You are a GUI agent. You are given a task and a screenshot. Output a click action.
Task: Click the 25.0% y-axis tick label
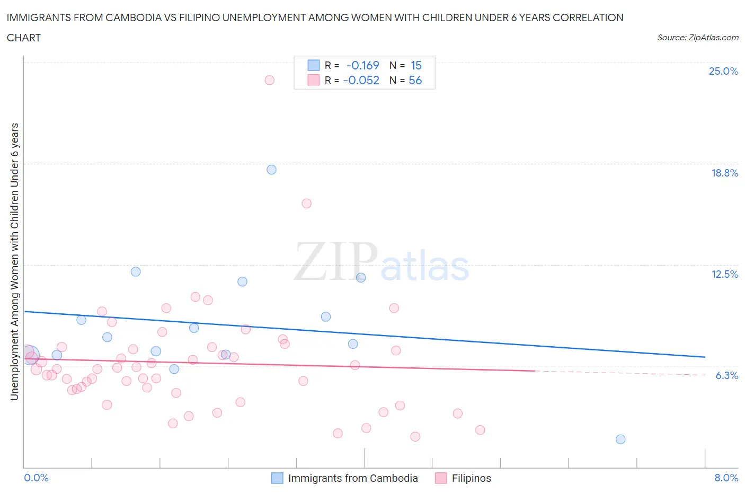pyautogui.click(x=723, y=71)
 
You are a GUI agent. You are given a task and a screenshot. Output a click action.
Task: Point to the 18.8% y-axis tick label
pyautogui.click(x=724, y=173)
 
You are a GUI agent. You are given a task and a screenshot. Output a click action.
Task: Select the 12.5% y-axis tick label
pyautogui.click(x=724, y=274)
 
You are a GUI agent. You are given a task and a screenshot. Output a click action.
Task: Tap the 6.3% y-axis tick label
pyautogui.click(x=726, y=375)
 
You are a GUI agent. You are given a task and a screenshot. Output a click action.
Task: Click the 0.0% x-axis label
pyautogui.click(x=36, y=478)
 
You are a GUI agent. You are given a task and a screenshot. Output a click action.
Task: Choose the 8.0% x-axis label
pyautogui.click(x=726, y=478)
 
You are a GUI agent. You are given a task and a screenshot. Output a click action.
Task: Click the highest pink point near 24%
pyautogui.click(x=269, y=80)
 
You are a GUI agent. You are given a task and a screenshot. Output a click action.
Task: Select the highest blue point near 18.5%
pyautogui.click(x=271, y=170)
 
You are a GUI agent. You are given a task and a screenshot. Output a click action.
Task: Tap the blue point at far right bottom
pyautogui.click(x=620, y=439)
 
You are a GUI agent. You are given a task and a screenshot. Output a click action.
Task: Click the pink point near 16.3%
pyautogui.click(x=306, y=204)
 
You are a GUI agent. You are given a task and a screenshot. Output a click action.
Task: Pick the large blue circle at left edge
pyautogui.click(x=30, y=355)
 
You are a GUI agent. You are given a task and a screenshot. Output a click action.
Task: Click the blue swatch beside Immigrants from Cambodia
pyautogui.click(x=277, y=478)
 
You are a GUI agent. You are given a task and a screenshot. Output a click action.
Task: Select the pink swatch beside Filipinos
pyautogui.click(x=440, y=478)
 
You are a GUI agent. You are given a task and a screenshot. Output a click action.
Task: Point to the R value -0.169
pyautogui.click(x=362, y=65)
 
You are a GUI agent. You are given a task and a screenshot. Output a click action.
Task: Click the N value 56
pyautogui.click(x=415, y=80)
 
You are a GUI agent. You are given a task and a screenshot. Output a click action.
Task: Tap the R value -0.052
pyautogui.click(x=361, y=80)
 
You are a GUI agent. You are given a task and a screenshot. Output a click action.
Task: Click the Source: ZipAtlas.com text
pyautogui.click(x=697, y=38)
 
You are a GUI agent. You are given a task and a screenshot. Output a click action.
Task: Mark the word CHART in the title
pyautogui.click(x=24, y=38)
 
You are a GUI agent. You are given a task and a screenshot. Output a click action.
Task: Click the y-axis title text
pyautogui.click(x=14, y=261)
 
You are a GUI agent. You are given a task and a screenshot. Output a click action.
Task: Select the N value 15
pyautogui.click(x=416, y=65)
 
